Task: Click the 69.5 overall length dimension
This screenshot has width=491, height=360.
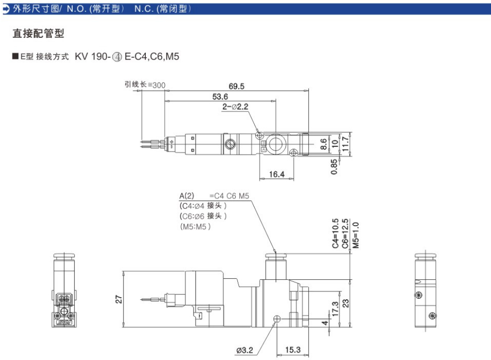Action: point(236,86)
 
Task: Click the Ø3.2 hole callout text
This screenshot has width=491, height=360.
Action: point(244,350)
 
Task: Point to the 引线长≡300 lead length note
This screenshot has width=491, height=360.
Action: point(145,85)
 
